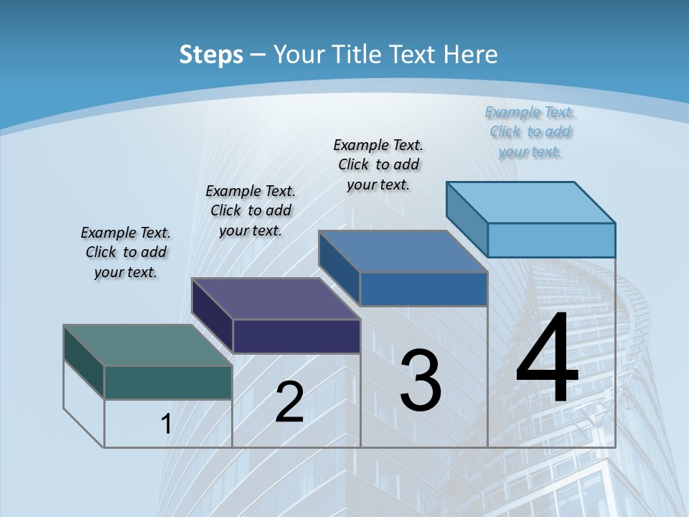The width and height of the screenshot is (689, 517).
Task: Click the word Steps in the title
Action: pyautogui.click(x=211, y=55)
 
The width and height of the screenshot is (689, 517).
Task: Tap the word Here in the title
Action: pyautogui.click(x=470, y=55)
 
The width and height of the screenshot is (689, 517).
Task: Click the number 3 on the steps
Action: pyautogui.click(x=421, y=381)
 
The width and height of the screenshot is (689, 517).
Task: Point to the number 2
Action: pyautogui.click(x=289, y=402)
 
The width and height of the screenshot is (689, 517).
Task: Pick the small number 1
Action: pyautogui.click(x=167, y=424)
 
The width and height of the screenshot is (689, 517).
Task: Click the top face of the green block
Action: pyautogui.click(x=148, y=345)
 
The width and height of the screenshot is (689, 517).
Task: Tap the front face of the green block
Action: pyautogui.click(x=168, y=382)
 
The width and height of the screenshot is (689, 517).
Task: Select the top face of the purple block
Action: pyautogui.click(x=276, y=299)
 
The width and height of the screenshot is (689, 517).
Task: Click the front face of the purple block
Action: pyautogui.click(x=296, y=336)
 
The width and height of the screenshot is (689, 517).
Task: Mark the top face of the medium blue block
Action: pyautogui.click(x=403, y=251)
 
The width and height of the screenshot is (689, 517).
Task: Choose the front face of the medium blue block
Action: pyautogui.click(x=423, y=289)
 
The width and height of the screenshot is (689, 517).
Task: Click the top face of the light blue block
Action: pyautogui.click(x=530, y=202)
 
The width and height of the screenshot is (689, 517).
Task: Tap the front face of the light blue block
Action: pyautogui.click(x=551, y=240)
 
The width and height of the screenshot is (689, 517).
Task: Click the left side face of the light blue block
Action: pyautogui.click(x=467, y=213)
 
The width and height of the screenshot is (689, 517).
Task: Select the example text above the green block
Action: pyautogui.click(x=126, y=253)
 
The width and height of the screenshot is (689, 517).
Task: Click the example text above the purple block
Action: pyautogui.click(x=250, y=210)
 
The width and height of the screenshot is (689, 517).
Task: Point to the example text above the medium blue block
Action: pyautogui.click(x=378, y=164)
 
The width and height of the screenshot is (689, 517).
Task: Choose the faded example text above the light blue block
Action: pyautogui.click(x=530, y=132)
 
